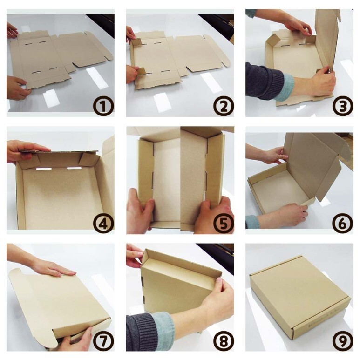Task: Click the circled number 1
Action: click(103, 106)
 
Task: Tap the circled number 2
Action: click(224, 106)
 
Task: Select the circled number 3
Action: click(343, 106)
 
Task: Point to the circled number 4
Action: click(103, 224)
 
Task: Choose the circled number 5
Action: click(224, 224)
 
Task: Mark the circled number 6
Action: click(343, 224)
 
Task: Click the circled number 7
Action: click(103, 341)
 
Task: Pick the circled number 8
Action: click(224, 341)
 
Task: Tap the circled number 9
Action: click(343, 341)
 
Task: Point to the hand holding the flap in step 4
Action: click(25, 150)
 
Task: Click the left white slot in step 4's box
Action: click(44, 169)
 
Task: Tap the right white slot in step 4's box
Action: click(74, 168)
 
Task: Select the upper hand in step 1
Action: click(12, 30)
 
